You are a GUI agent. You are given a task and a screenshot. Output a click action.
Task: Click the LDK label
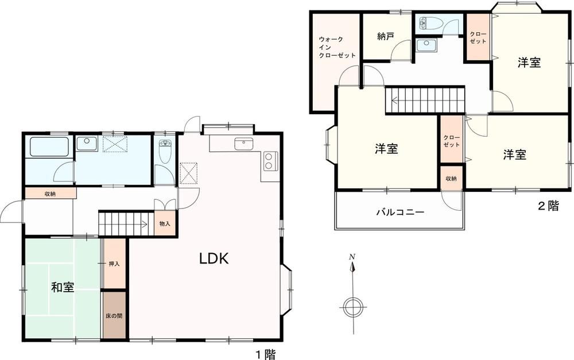click(214, 258)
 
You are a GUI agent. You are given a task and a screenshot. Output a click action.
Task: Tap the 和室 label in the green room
click(63, 287)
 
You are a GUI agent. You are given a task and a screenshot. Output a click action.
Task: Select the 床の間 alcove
click(114, 315)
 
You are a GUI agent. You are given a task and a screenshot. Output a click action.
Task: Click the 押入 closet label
click(114, 264)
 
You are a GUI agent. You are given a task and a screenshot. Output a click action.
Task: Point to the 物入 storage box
click(165, 223)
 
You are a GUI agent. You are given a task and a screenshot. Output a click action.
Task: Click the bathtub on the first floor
click(49, 147)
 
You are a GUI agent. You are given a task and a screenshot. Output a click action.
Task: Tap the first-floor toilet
click(165, 151)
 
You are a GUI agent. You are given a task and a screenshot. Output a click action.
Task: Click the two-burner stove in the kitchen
click(270, 161)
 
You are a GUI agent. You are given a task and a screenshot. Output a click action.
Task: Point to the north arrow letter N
click(352, 256)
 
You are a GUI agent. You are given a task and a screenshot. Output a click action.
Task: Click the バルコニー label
click(401, 212)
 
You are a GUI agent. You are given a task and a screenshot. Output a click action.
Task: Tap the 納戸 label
click(386, 36)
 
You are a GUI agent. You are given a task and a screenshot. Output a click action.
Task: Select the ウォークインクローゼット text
click(337, 47)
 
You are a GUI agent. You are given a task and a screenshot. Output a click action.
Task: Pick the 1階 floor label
click(265, 354)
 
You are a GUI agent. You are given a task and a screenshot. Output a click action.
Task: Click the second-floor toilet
click(430, 24)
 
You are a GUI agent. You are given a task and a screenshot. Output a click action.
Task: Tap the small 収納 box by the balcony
click(451, 179)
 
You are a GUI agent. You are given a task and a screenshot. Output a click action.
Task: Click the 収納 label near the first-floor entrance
click(50, 193)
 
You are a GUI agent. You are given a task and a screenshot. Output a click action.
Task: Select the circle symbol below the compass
click(353, 307)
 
